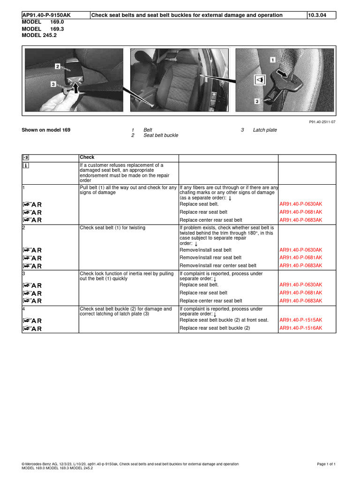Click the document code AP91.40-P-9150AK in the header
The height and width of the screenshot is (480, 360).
(46, 15)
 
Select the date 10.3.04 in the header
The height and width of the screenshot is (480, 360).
(317, 15)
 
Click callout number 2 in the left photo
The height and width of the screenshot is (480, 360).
(58, 67)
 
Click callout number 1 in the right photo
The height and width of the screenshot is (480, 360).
(272, 60)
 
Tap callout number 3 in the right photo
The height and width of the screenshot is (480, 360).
(257, 101)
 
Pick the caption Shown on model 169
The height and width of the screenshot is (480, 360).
(46, 130)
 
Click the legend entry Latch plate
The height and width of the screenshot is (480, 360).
(265, 130)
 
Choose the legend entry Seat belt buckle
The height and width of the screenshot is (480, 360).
(161, 135)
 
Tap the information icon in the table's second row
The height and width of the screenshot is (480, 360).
(26, 165)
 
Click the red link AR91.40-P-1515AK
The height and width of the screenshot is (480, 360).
(301, 320)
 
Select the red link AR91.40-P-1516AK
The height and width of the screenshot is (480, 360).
(301, 328)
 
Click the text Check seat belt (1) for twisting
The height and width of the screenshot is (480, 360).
(112, 228)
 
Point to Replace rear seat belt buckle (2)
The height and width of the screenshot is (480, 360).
(215, 328)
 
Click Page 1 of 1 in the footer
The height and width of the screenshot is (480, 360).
(326, 464)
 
